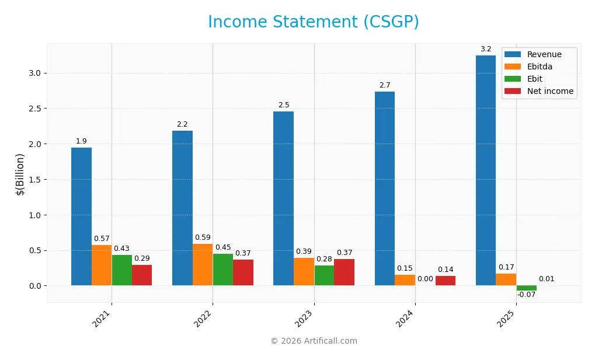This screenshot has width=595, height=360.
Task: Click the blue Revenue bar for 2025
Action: pos(486,170)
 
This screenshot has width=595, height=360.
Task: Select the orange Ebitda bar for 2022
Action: pos(203,264)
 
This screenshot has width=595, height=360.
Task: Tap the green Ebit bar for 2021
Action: pos(121,270)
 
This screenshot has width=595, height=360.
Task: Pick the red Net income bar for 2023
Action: pos(344,272)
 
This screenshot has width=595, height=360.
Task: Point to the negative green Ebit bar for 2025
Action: pos(526,288)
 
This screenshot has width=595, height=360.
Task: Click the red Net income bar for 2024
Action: pos(446,281)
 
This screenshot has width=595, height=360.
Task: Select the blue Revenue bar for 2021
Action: pos(81,216)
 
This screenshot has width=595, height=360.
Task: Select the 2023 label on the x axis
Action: pos(306,318)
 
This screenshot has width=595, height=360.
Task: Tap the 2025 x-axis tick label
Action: pos(509,318)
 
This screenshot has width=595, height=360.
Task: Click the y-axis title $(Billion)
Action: pos(20,174)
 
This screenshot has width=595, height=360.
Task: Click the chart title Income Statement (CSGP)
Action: pos(314,22)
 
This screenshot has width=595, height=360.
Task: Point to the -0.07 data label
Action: pos(526,295)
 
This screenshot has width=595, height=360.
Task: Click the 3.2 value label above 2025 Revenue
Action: pos(486,49)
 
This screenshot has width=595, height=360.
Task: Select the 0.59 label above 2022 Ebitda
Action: pos(203,237)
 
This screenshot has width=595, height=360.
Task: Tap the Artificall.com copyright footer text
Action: pos(314,341)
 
